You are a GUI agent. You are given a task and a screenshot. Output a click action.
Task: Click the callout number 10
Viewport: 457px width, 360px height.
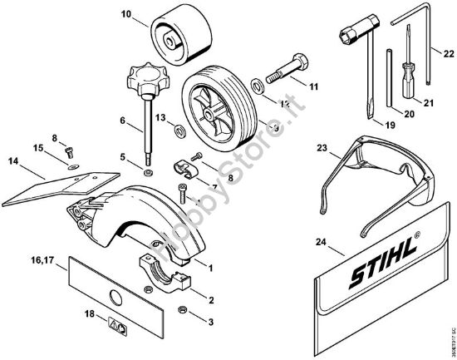(125, 15)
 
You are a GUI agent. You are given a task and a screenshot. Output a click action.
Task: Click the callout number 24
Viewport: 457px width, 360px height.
(322, 243)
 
